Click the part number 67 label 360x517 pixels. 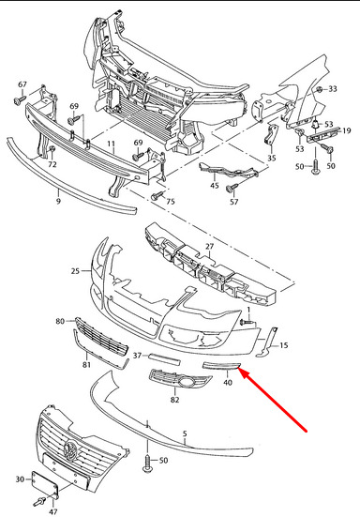22,84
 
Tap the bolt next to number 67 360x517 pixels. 20,99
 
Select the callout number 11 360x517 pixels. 111,144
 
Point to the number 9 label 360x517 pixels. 58,201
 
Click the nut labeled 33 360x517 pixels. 319,89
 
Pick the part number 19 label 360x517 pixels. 347,131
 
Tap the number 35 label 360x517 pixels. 271,158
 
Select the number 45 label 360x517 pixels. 215,186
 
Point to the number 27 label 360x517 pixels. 209,246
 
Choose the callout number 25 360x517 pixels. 75,271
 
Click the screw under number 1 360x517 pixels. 247,322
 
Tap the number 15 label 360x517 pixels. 283,345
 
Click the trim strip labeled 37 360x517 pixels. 164,359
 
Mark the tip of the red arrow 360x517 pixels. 238,369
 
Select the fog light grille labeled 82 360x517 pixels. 181,378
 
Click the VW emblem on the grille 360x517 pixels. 71,449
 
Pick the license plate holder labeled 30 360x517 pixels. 45,483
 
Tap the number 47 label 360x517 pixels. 53,511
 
